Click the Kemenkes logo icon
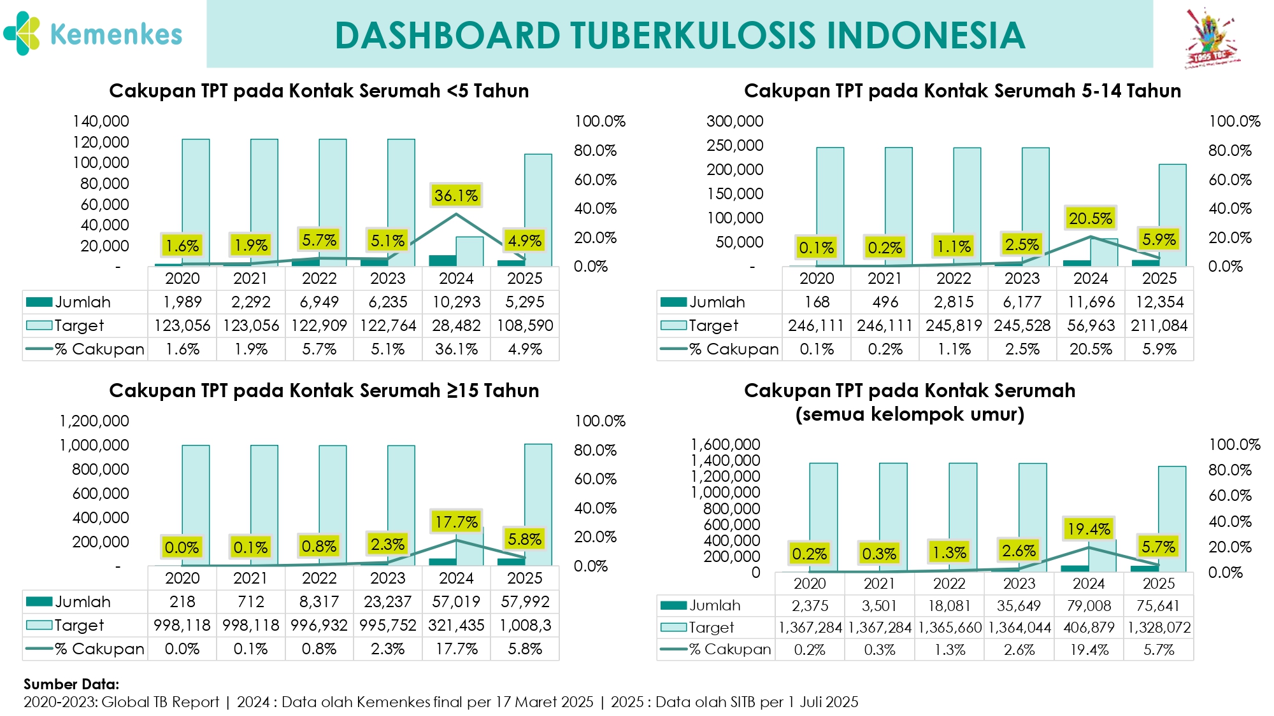point(22,33)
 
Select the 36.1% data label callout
point(456,195)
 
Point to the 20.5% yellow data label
point(1091,218)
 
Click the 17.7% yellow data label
point(456,522)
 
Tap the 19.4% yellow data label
point(1089,529)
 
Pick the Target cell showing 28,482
point(456,325)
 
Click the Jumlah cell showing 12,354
point(1159,302)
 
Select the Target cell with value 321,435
point(456,625)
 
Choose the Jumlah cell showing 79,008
point(1089,605)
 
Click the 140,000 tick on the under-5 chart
point(101,121)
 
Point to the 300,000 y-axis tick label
point(735,121)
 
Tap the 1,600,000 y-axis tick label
point(726,444)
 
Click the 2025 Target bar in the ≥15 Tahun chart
point(538,505)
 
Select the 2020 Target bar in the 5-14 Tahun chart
point(830,207)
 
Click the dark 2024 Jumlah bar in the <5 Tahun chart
point(443,261)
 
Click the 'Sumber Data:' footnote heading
point(71,684)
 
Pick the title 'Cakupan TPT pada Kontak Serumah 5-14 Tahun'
point(963,91)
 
